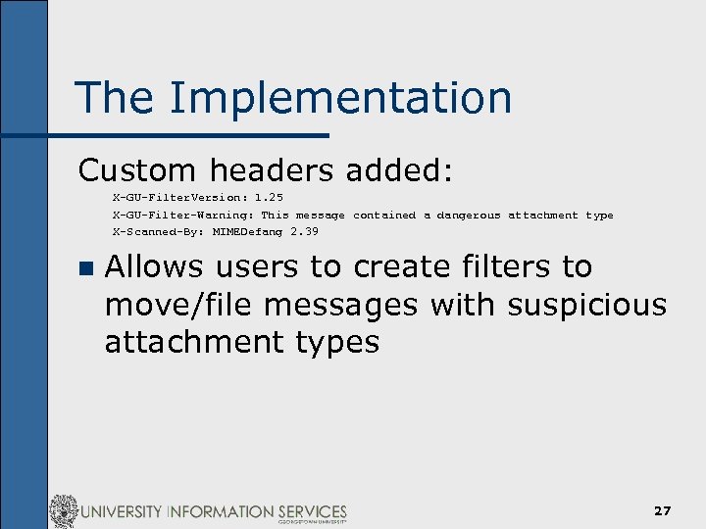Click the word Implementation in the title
point(340,99)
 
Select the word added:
point(400,170)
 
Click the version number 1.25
point(269,198)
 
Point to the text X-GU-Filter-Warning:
point(183,215)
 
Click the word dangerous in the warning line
point(468,215)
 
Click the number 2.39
point(304,232)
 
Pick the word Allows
point(152,266)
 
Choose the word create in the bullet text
point(406,266)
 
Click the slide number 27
point(663,511)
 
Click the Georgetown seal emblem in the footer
point(64,511)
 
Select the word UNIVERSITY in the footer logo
point(123,511)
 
